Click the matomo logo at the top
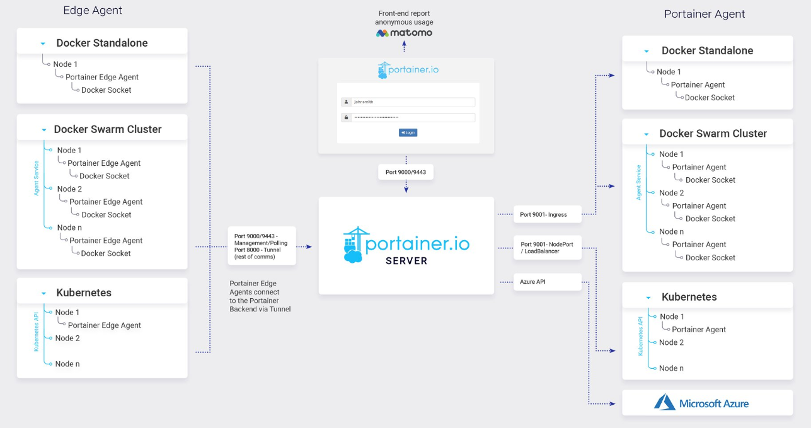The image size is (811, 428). point(405,33)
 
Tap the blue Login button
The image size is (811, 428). point(408,132)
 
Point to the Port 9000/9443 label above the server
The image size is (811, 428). point(406,171)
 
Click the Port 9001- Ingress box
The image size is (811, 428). point(547,214)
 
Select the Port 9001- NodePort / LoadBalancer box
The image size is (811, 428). point(547,248)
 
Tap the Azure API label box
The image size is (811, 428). point(547,282)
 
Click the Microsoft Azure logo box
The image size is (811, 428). point(707,403)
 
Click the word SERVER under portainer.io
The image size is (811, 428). point(406,260)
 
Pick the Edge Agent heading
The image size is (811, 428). point(93,10)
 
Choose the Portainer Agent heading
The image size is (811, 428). point(705,14)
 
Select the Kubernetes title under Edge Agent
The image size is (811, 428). point(84,292)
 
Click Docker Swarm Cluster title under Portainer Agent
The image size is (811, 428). point(713,134)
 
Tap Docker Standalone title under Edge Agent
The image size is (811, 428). point(102,43)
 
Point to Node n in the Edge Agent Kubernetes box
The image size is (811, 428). point(67,364)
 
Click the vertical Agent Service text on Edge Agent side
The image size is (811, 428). point(37,178)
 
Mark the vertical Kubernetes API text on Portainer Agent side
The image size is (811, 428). point(641,337)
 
